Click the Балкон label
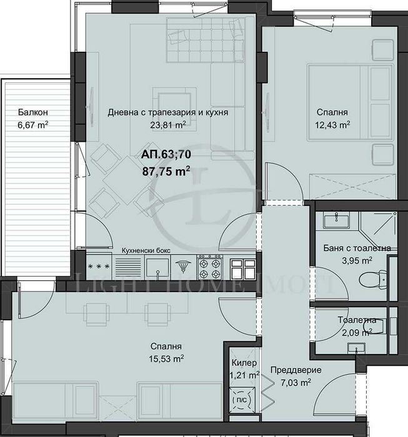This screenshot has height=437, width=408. [x=33, y=113]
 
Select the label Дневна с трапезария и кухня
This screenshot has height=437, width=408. [x=167, y=113]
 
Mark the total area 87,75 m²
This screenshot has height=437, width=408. [x=166, y=170]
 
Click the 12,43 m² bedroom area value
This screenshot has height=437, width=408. [x=332, y=124]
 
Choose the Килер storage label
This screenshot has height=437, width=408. [x=242, y=363]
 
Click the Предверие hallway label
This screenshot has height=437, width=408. [x=291, y=369]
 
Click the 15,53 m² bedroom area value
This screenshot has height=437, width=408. [x=166, y=358]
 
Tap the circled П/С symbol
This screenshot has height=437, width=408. [x=241, y=400]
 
